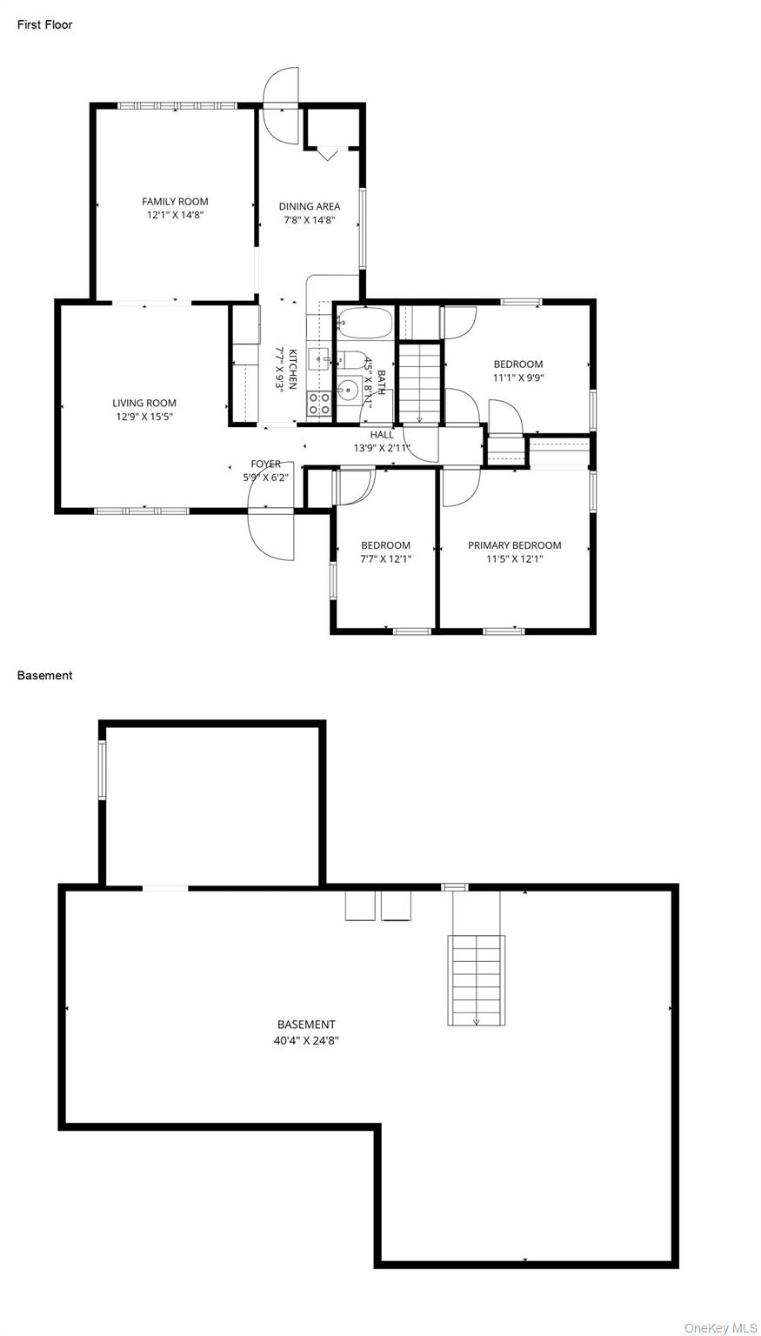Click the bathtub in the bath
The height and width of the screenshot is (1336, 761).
(x=364, y=323)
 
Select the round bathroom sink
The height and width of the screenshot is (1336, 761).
(x=346, y=391)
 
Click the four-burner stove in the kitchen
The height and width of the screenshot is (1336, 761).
(x=319, y=404)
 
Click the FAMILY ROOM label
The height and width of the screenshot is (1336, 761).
(x=175, y=202)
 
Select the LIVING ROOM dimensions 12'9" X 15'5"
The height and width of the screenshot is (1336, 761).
(x=144, y=417)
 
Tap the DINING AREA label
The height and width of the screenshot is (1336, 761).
(x=310, y=206)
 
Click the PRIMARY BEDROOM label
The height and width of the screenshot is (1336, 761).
(x=514, y=545)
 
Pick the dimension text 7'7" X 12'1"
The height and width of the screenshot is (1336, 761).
(x=386, y=559)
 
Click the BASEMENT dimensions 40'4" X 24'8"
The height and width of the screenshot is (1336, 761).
(x=306, y=1041)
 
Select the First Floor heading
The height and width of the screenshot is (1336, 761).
(x=44, y=24)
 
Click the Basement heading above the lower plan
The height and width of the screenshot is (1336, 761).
(x=44, y=675)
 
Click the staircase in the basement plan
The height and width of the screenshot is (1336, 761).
(x=476, y=980)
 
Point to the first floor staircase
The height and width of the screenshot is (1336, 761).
(x=419, y=384)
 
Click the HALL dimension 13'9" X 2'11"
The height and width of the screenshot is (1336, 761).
(x=382, y=448)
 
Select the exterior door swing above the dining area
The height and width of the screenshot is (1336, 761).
(x=280, y=104)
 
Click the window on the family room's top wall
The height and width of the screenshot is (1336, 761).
(x=177, y=105)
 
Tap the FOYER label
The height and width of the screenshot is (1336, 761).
(x=265, y=464)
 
